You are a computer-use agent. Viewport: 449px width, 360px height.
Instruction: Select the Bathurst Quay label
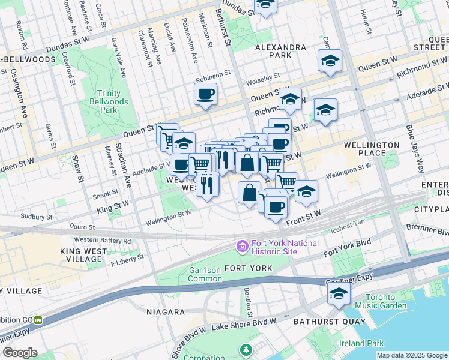tap(329, 322)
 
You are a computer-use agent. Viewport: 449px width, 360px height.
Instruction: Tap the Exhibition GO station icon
tap(38, 320)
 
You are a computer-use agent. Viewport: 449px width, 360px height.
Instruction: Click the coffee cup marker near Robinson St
tap(205, 94)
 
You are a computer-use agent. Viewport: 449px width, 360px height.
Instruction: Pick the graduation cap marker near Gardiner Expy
tap(339, 294)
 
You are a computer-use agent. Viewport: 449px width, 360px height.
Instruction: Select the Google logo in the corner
tap(19, 353)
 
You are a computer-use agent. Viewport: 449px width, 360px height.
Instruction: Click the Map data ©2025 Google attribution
tap(412, 355)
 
